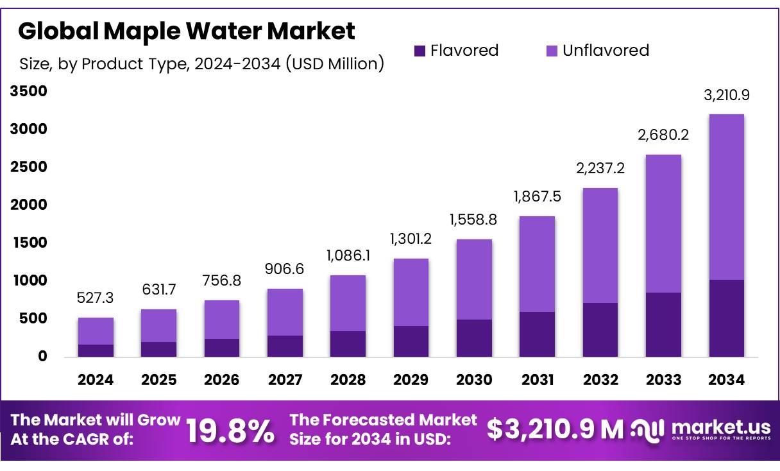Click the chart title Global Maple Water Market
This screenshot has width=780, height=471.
(186, 30)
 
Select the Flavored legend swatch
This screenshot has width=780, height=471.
(420, 51)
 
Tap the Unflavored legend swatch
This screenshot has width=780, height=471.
(551, 51)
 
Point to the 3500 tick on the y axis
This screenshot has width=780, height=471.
(29, 92)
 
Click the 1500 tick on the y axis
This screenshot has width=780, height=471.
(29, 243)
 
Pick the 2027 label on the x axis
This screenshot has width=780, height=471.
(285, 380)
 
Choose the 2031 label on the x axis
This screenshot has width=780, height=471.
(538, 380)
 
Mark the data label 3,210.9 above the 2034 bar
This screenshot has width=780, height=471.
(726, 96)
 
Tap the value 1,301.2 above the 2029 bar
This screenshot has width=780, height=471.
(411, 239)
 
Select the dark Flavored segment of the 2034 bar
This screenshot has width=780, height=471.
(726, 318)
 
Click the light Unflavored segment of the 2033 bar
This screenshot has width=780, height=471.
(663, 223)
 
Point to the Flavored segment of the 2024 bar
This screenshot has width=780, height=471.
(96, 350)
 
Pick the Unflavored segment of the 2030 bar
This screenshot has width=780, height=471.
(474, 279)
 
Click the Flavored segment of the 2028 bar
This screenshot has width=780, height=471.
(348, 344)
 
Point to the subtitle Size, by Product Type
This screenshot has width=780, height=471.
(202, 64)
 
